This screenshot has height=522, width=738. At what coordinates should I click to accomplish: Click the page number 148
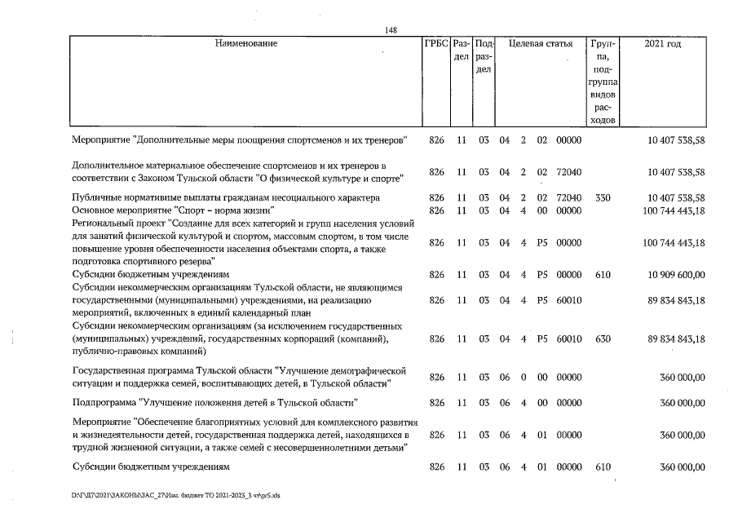pos(391,30)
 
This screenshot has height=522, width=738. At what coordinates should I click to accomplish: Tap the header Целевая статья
pos(540,44)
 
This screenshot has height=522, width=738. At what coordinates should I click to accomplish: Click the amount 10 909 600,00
pos(674,276)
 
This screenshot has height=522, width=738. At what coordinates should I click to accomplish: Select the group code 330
pos(603,198)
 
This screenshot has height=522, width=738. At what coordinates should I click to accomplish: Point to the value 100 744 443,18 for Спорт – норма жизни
pos(674,211)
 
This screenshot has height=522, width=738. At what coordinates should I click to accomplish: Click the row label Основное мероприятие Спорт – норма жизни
pos(148,211)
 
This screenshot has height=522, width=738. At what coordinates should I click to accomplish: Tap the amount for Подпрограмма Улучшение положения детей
pos(682,403)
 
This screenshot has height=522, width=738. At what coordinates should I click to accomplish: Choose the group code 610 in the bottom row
pos(603,467)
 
